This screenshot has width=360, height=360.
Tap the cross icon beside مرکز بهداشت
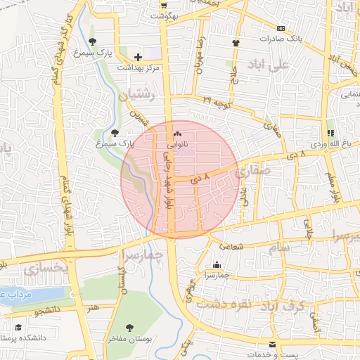(x=138, y=56)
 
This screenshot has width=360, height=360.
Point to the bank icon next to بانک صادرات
(x=281, y=28)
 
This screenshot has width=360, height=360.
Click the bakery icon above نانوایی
(x=177, y=134)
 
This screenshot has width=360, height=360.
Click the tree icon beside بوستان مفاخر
(x=129, y=327)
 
